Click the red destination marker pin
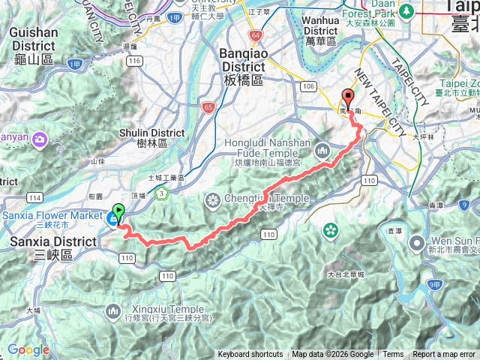(348, 97)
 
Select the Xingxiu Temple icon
(112, 309)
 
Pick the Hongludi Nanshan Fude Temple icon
(322, 150)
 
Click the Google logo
(28, 349)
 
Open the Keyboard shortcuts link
(250, 355)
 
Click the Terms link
(393, 355)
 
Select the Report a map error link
(445, 355)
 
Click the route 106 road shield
(308, 87)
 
